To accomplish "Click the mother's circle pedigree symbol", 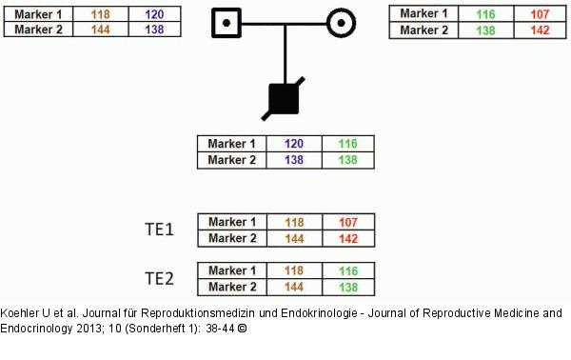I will (x=342, y=22).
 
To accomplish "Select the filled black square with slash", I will (x=285, y=96).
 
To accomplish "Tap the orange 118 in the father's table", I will (x=99, y=14).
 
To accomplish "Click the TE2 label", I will (x=159, y=278).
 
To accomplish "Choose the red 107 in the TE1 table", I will (x=348, y=222).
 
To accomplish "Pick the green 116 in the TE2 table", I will (x=348, y=271).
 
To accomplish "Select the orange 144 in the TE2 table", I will (x=295, y=287).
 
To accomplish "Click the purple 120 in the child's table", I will (x=295, y=145).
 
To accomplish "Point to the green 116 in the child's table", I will (x=348, y=145).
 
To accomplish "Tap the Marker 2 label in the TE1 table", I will (x=232, y=237).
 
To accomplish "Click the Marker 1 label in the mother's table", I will (x=423, y=14).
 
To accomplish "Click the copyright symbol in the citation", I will (x=242, y=328).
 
